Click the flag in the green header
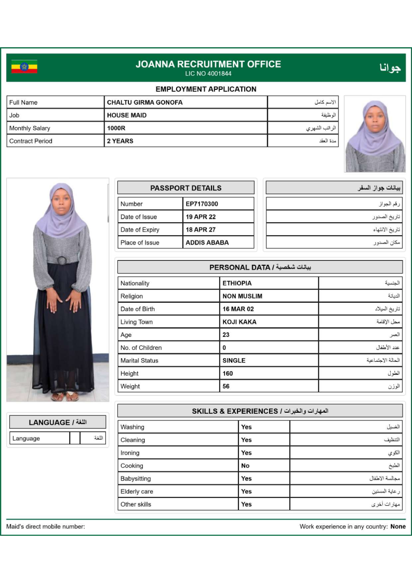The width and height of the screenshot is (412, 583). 24,67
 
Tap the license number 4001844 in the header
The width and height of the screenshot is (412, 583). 208,74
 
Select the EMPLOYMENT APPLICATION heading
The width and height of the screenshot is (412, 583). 206,89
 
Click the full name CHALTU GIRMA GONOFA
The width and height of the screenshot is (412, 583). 144,103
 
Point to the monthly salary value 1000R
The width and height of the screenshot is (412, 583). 115,128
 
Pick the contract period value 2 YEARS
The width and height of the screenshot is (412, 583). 120,141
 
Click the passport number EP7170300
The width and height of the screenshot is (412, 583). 202,204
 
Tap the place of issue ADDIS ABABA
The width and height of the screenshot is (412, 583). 207,242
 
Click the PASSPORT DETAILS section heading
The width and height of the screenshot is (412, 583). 185,188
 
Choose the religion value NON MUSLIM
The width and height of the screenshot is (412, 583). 242,296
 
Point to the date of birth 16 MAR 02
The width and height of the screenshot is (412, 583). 238,309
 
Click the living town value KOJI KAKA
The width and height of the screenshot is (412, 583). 239,322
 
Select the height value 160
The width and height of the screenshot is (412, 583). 228,373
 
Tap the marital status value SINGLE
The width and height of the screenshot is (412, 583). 234,361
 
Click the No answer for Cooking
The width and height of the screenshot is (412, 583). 245,466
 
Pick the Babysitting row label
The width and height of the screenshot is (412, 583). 136,479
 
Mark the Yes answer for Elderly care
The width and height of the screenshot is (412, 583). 246,492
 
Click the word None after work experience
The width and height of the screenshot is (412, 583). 398,526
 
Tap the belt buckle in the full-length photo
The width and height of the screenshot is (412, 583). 61,260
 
